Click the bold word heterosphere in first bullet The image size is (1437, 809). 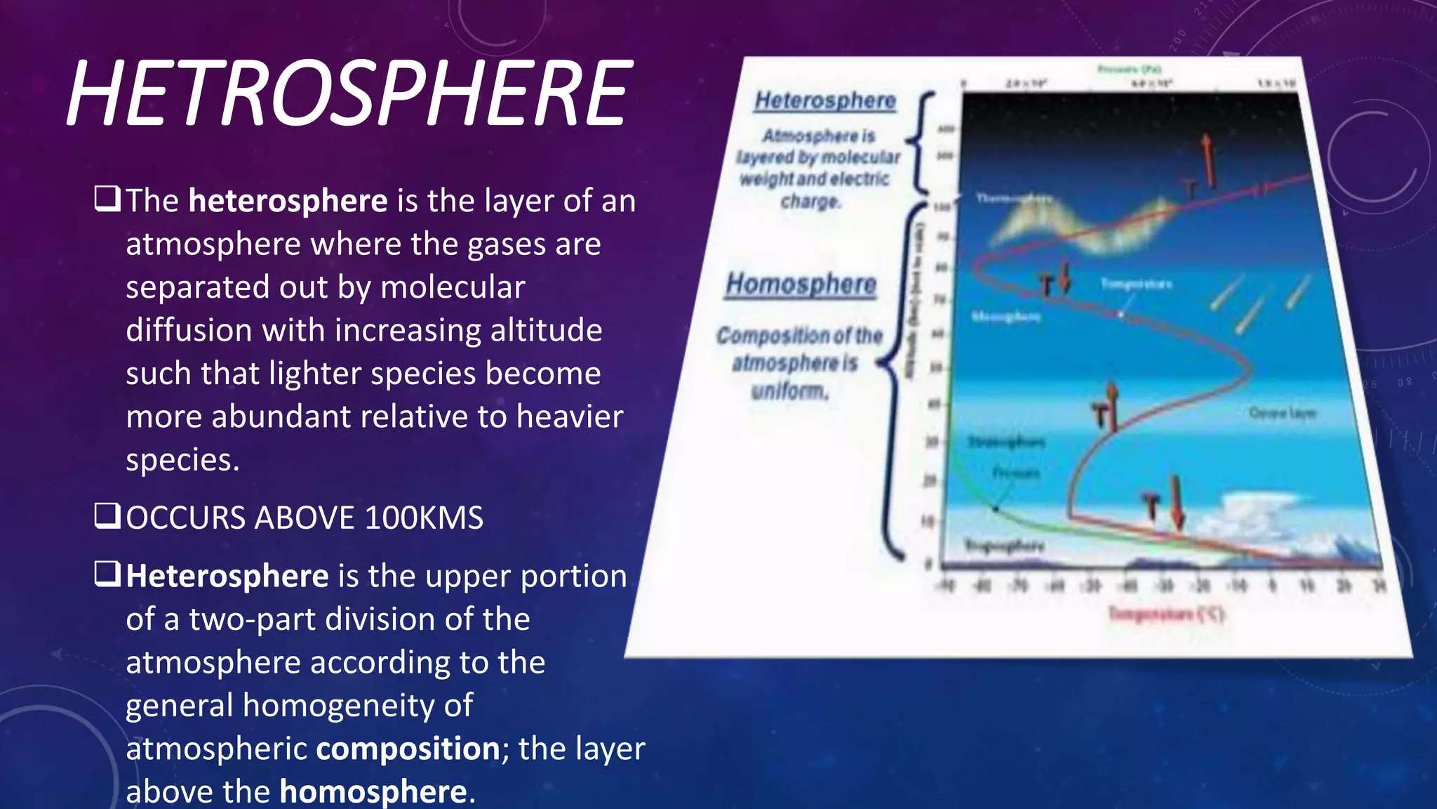point(288,201)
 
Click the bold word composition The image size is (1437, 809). point(408,748)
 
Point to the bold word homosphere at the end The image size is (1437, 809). point(373,791)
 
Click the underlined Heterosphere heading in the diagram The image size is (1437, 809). point(825,101)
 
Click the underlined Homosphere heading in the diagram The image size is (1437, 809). point(801,284)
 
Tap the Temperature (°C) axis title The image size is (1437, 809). point(1166,614)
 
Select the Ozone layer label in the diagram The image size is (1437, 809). point(1283,413)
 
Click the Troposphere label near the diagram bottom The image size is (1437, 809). point(1005,545)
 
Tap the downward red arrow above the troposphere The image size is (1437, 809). point(1177,503)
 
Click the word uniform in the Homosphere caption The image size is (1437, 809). point(789,391)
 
